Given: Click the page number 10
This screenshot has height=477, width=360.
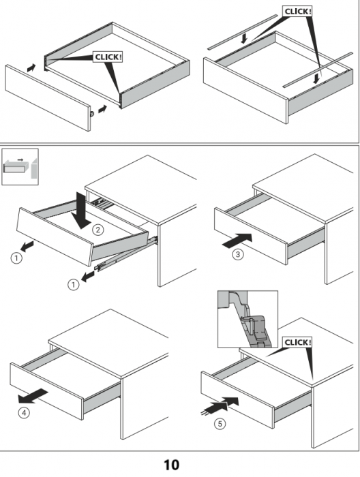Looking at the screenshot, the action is coord(172,465).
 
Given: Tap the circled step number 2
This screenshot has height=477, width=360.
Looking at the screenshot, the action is coord(97,230).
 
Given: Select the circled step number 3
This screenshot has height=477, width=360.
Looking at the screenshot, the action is coord(238,254).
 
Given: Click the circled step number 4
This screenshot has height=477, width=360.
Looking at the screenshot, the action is coord(24,413).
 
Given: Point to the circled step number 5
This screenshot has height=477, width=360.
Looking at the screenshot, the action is coord(220,424).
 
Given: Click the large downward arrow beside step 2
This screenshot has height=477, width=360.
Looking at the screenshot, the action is coord(80,210).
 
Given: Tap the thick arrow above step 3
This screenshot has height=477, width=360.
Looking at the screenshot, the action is coord(237,241).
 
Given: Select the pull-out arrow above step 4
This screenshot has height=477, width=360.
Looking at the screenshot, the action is coord(33,396).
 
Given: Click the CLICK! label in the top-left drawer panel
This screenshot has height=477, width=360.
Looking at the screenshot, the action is coord(108,57).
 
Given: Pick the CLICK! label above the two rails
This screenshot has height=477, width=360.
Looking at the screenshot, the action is coord(297,12).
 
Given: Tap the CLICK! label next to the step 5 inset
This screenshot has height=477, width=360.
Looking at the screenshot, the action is coord(297,343).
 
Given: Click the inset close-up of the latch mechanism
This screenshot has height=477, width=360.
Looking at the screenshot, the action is coord(247,319).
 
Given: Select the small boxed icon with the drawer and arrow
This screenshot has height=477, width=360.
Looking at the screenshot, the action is coord(20,167).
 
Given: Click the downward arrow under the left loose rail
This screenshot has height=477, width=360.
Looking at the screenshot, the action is coord(244,39).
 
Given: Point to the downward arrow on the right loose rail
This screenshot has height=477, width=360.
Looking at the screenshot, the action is coord(317,78).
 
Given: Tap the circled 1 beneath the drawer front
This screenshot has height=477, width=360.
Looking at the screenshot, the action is coord(16,258).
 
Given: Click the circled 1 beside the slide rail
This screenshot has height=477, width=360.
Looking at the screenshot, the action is coord(73,285).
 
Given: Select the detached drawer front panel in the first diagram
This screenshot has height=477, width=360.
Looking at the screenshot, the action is coord(48,97).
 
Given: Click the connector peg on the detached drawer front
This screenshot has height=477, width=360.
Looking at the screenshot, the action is coord(92,114).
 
